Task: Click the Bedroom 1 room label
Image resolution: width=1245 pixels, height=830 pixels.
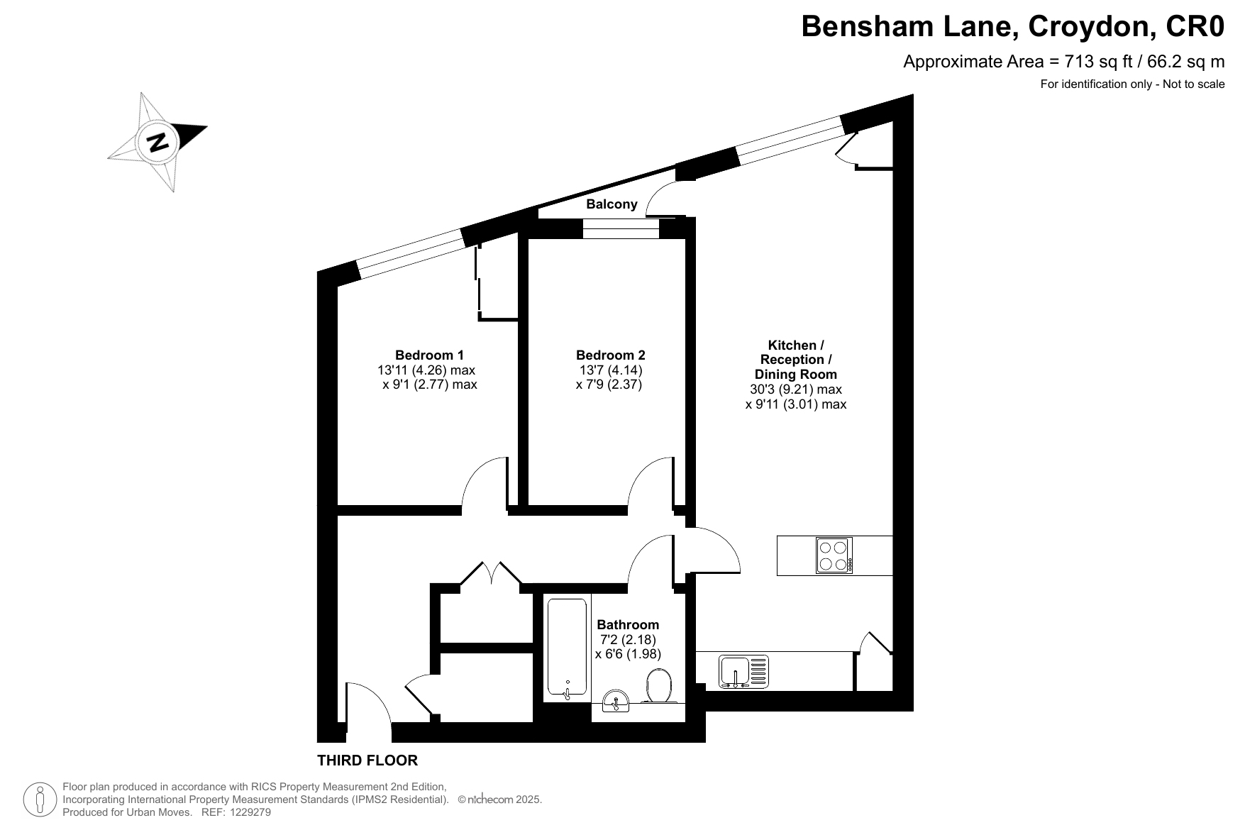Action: point(429,355)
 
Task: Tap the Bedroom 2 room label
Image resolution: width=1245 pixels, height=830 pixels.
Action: point(610,355)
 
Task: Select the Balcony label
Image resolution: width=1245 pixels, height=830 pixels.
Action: point(612,204)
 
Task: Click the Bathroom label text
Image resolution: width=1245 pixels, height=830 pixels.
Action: point(628,625)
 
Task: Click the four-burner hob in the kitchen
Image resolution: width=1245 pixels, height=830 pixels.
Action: point(834,555)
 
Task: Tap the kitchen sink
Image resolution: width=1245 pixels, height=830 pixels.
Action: point(743,671)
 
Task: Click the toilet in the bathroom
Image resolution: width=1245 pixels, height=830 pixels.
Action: point(660,685)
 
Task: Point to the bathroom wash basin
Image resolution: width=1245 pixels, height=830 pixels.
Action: point(616,700)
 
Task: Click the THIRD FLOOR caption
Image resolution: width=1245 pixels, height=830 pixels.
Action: point(367,760)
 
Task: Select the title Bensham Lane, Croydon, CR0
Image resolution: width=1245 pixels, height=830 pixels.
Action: point(1013,27)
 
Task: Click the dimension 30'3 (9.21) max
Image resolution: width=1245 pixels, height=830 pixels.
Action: point(796,389)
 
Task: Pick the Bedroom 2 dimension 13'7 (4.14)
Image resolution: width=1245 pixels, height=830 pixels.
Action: point(611,370)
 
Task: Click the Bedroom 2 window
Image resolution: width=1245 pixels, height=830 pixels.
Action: point(621,228)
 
